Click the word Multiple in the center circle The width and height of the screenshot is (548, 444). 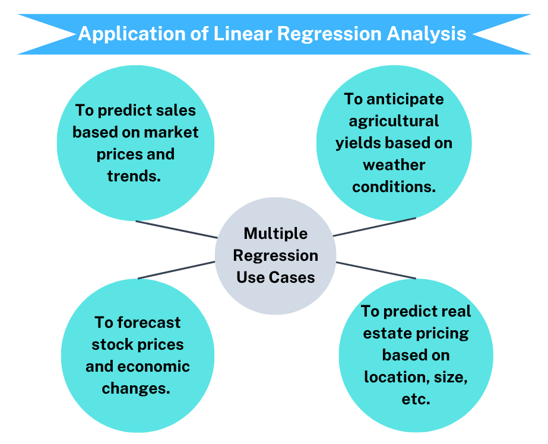point(275,233)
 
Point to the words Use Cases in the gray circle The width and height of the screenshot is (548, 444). point(275,277)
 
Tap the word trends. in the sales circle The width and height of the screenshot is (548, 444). point(134,176)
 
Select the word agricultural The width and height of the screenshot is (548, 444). point(394,121)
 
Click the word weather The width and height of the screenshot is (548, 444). point(394,164)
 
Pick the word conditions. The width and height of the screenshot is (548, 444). point(394,186)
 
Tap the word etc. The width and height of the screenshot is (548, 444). point(416,399)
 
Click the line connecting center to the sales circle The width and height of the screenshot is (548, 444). point(176,229)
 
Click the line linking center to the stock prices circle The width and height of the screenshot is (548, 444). point(176,270)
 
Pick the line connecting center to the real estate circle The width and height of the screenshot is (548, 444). point(376,270)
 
